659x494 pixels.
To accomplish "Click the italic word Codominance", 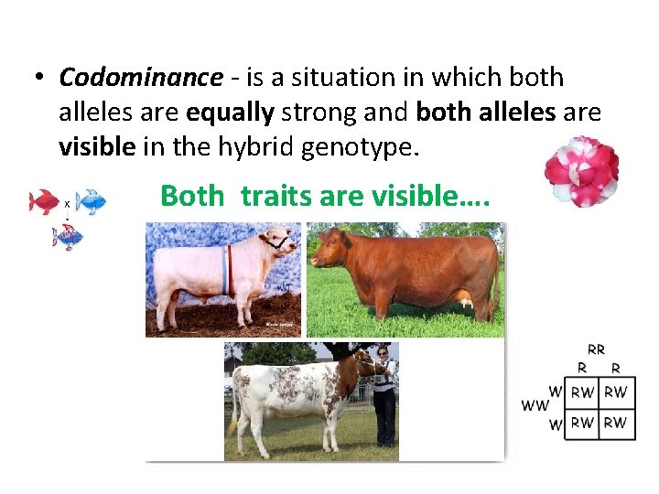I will point(140,79).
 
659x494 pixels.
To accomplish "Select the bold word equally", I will point(230,113).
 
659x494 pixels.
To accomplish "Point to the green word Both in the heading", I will point(192,195).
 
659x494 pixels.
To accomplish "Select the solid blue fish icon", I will point(92,201).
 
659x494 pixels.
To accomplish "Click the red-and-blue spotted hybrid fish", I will point(68,238).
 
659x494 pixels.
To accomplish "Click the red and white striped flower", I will point(581,171).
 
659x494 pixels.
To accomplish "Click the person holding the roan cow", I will point(384,393).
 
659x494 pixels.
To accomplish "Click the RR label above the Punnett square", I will point(596,349).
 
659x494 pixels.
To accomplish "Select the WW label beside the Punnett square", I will point(535,404).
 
